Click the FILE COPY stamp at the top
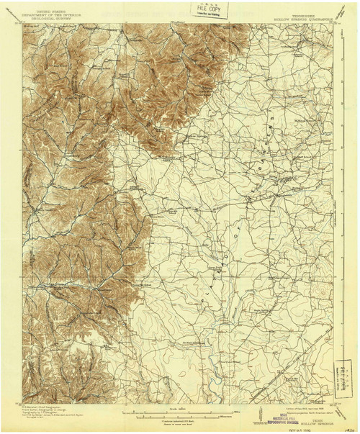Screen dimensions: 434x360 (195, 10)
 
